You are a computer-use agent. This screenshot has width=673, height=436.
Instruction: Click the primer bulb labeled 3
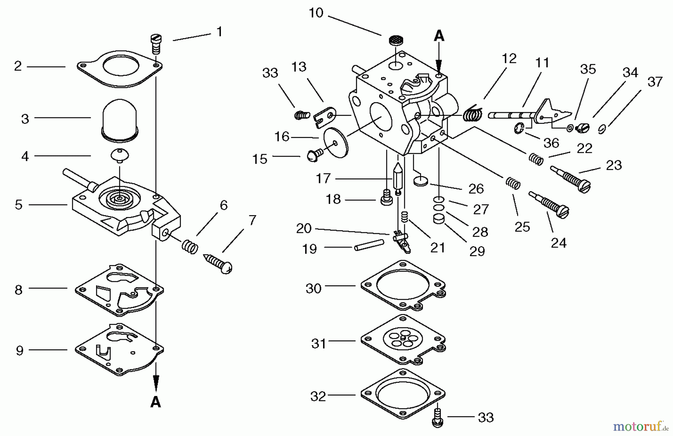[120, 120]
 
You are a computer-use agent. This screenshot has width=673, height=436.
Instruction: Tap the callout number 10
[316, 13]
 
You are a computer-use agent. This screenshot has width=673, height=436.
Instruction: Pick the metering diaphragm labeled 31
[403, 340]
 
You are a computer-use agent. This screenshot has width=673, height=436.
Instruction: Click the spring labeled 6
[190, 247]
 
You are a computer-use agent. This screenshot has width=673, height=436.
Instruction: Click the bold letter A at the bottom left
[156, 402]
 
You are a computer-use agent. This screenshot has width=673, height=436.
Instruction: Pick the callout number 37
[655, 82]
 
